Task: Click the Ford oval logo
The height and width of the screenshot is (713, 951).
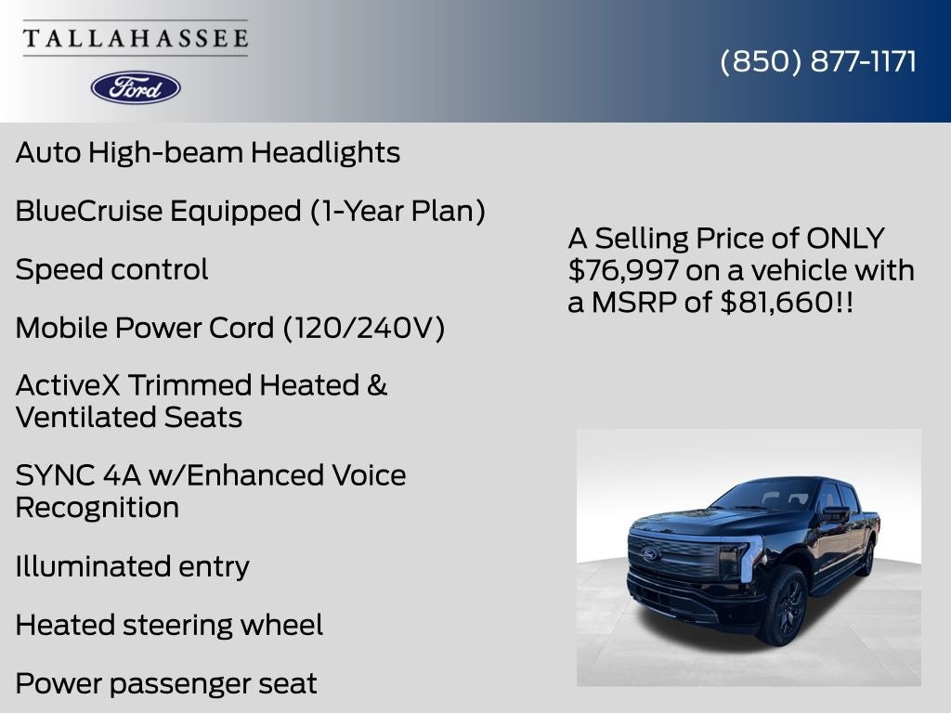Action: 136,87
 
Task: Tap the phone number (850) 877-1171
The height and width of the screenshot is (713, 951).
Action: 818,61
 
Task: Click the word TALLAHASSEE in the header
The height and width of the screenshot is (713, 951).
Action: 136,39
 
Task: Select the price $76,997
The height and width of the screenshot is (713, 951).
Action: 612,271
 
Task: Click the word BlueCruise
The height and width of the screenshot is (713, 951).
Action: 88,211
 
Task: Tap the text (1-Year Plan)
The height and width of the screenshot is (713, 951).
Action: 397,211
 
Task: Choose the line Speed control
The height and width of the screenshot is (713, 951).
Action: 111,269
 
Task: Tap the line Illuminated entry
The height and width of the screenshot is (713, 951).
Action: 132,566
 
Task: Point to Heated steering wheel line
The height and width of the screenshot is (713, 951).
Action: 169,625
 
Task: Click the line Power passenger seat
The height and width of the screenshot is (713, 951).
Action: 166,683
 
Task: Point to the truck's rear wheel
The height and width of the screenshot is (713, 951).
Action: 867,559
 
